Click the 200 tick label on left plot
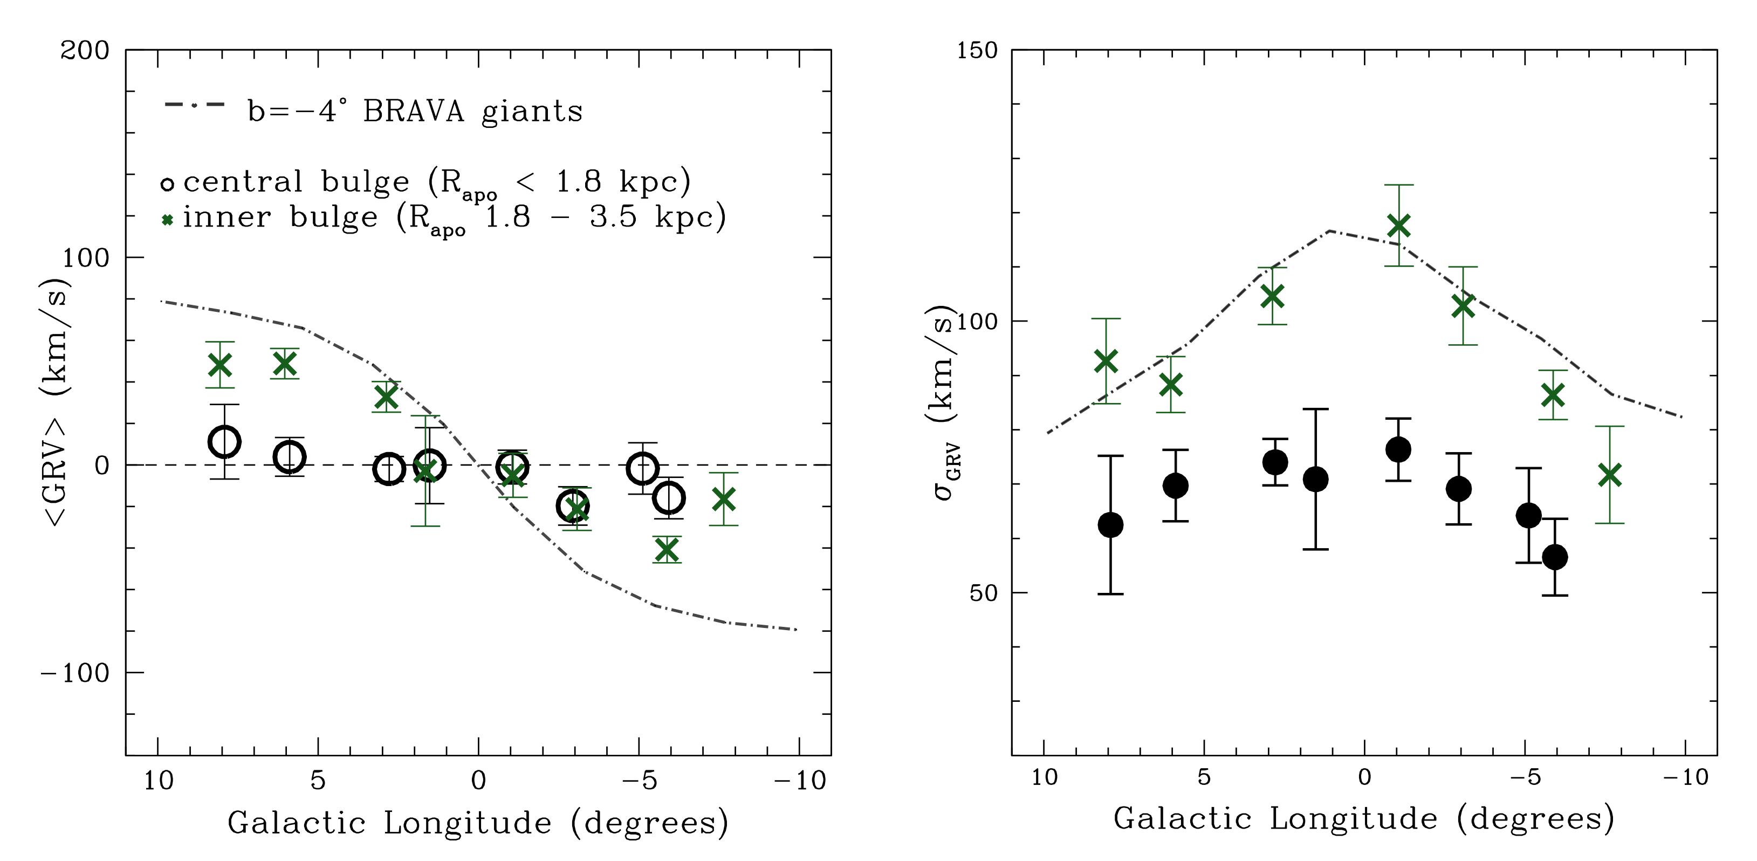(x=85, y=51)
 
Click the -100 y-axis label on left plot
(x=75, y=673)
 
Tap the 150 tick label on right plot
(x=976, y=51)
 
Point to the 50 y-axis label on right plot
(x=983, y=593)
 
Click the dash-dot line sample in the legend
(x=194, y=104)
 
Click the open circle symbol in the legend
(x=167, y=183)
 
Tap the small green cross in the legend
(x=167, y=220)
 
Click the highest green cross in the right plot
(x=1398, y=226)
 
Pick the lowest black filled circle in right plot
(x=1554, y=557)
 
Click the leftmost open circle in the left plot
(x=224, y=441)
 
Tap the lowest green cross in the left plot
(x=667, y=549)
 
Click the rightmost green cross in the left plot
(x=723, y=500)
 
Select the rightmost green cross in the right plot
(x=1610, y=475)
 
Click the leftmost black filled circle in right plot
(x=1110, y=525)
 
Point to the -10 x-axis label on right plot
(x=1685, y=777)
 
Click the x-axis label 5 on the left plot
(x=318, y=781)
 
